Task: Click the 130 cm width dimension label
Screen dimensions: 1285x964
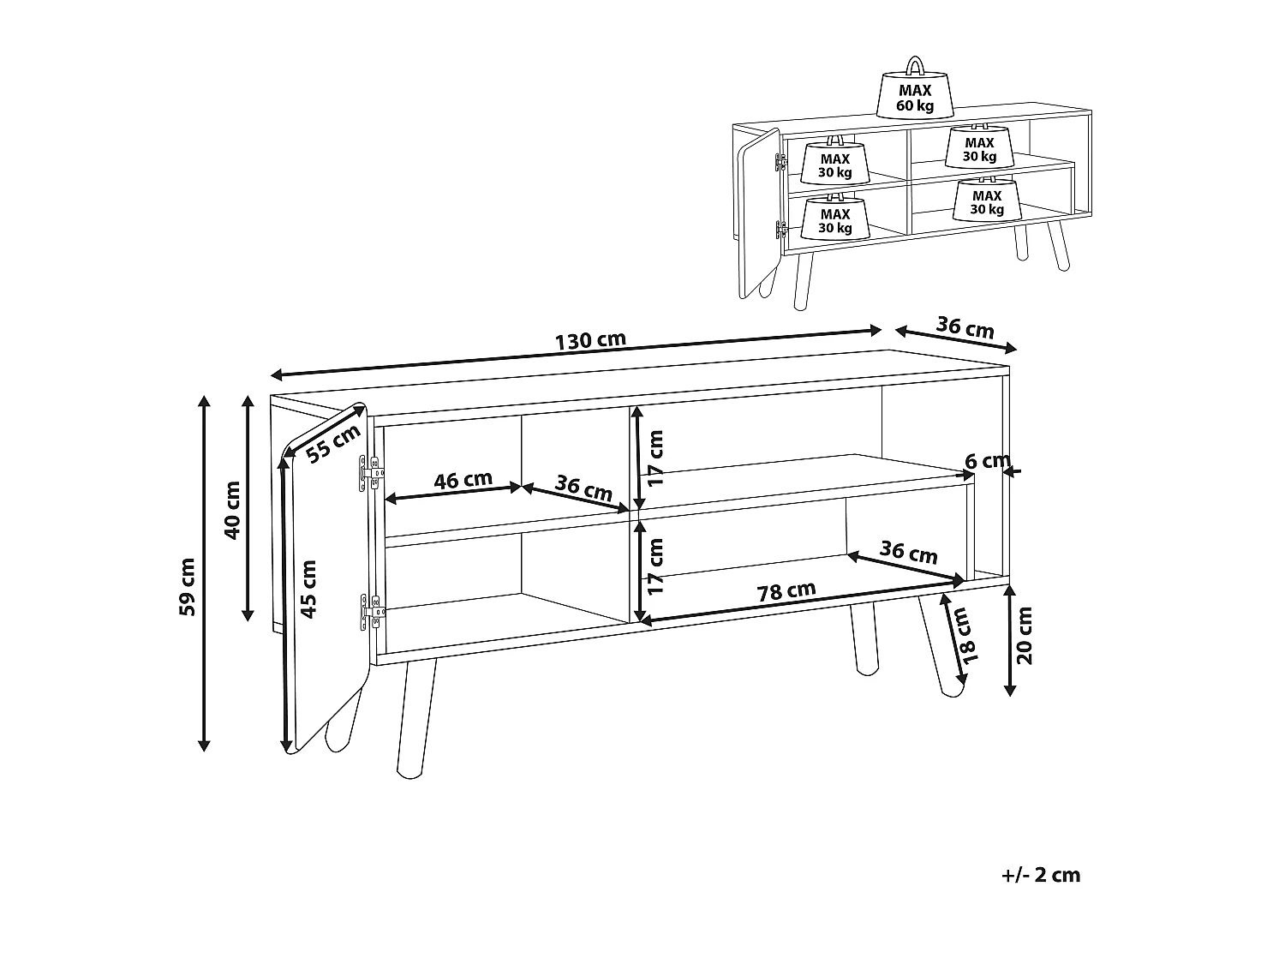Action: [x=590, y=341]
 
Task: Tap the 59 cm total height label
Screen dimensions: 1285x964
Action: [x=187, y=586]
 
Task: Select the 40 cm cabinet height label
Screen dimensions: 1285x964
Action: [x=232, y=510]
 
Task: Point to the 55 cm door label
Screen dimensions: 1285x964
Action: [x=333, y=443]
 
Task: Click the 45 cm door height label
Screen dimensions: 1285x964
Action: [x=308, y=589]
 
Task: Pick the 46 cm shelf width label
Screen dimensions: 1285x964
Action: [x=463, y=480]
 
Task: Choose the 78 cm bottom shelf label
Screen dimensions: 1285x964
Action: [x=786, y=591]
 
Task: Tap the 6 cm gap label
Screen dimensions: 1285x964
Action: [x=988, y=461]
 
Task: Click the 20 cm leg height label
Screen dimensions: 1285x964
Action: [x=1025, y=635]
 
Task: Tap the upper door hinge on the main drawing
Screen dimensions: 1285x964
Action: [x=371, y=473]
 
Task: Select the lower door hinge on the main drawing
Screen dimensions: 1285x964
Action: [x=373, y=612]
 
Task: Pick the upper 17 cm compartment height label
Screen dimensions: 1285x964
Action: [x=655, y=458]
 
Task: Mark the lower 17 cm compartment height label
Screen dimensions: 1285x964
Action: [x=655, y=566]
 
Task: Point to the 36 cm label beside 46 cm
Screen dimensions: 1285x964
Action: [x=583, y=488]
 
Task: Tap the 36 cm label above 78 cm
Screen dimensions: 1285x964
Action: [x=909, y=551]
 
